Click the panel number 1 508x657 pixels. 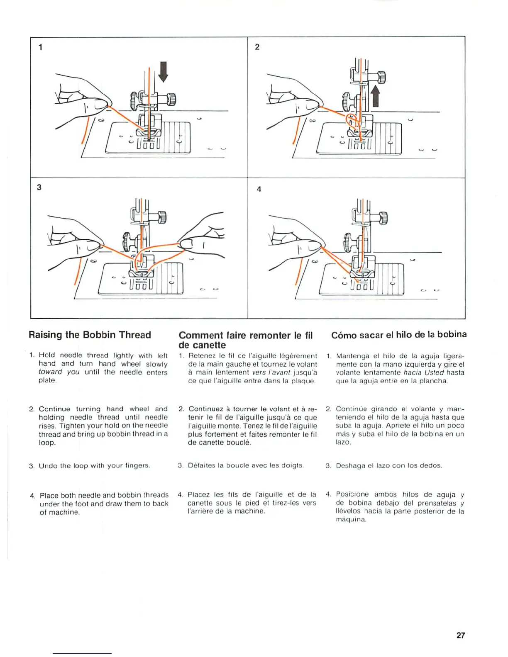pyautogui.click(x=40, y=47)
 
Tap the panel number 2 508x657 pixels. pyautogui.click(x=257, y=47)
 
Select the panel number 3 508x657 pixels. pyautogui.click(x=39, y=187)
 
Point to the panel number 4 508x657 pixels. pyautogui.click(x=259, y=189)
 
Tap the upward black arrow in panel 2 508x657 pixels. pyautogui.click(x=375, y=96)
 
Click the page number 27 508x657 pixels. pyautogui.click(x=461, y=635)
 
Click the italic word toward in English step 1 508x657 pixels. pyautogui.click(x=50, y=372)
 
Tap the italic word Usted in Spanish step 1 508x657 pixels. pyautogui.click(x=434, y=372)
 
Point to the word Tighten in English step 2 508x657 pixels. pyautogui.click(x=72, y=426)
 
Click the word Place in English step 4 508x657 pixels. pyautogui.click(x=49, y=495)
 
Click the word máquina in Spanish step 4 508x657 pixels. pyautogui.click(x=351, y=520)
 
